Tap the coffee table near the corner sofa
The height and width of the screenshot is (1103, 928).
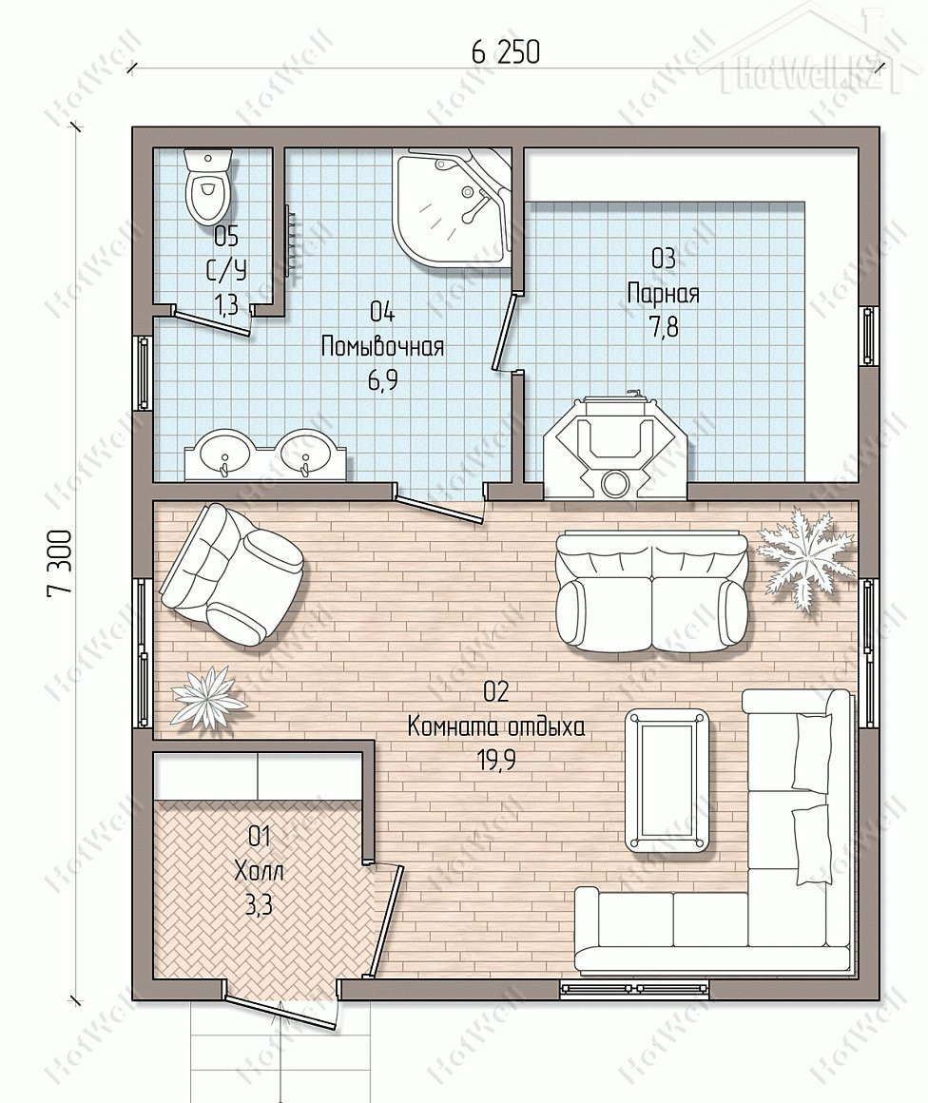(x=667, y=780)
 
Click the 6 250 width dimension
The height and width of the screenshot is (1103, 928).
(x=505, y=52)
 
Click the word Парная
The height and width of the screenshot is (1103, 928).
(x=663, y=293)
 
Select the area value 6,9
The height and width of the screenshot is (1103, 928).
(x=382, y=380)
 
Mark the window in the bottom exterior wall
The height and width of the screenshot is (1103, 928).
(x=634, y=989)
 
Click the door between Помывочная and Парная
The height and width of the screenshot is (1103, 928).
(x=505, y=331)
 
